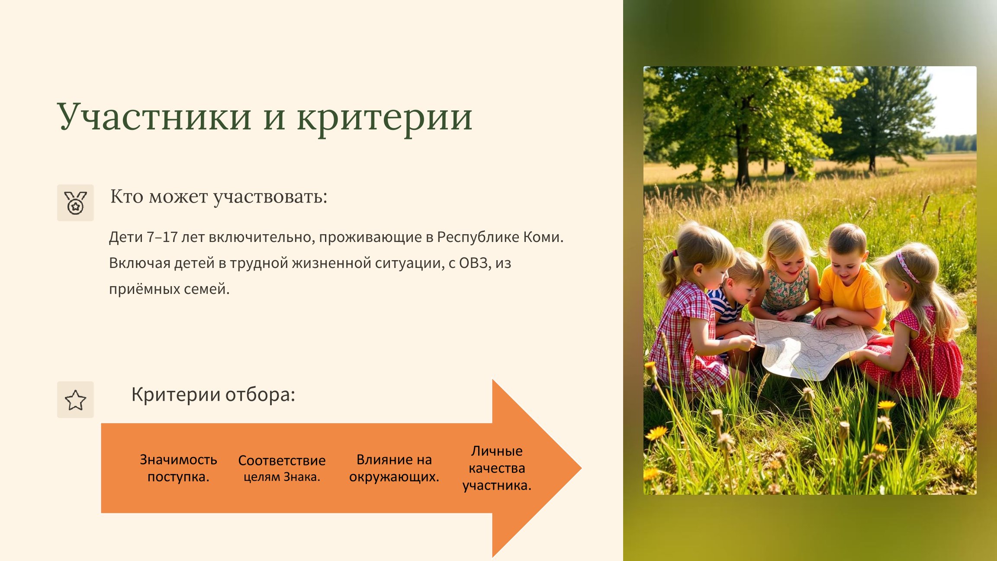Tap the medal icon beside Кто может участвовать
[75, 203]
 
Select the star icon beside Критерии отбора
[75, 400]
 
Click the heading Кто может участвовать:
[219, 197]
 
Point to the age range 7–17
[162, 237]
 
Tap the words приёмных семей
[169, 289]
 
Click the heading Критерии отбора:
[213, 394]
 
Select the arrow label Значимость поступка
[178, 468]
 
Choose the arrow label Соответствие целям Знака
[282, 468]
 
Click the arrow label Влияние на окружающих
[394, 468]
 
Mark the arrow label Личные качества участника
[497, 468]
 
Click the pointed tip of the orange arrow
[581, 468]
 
